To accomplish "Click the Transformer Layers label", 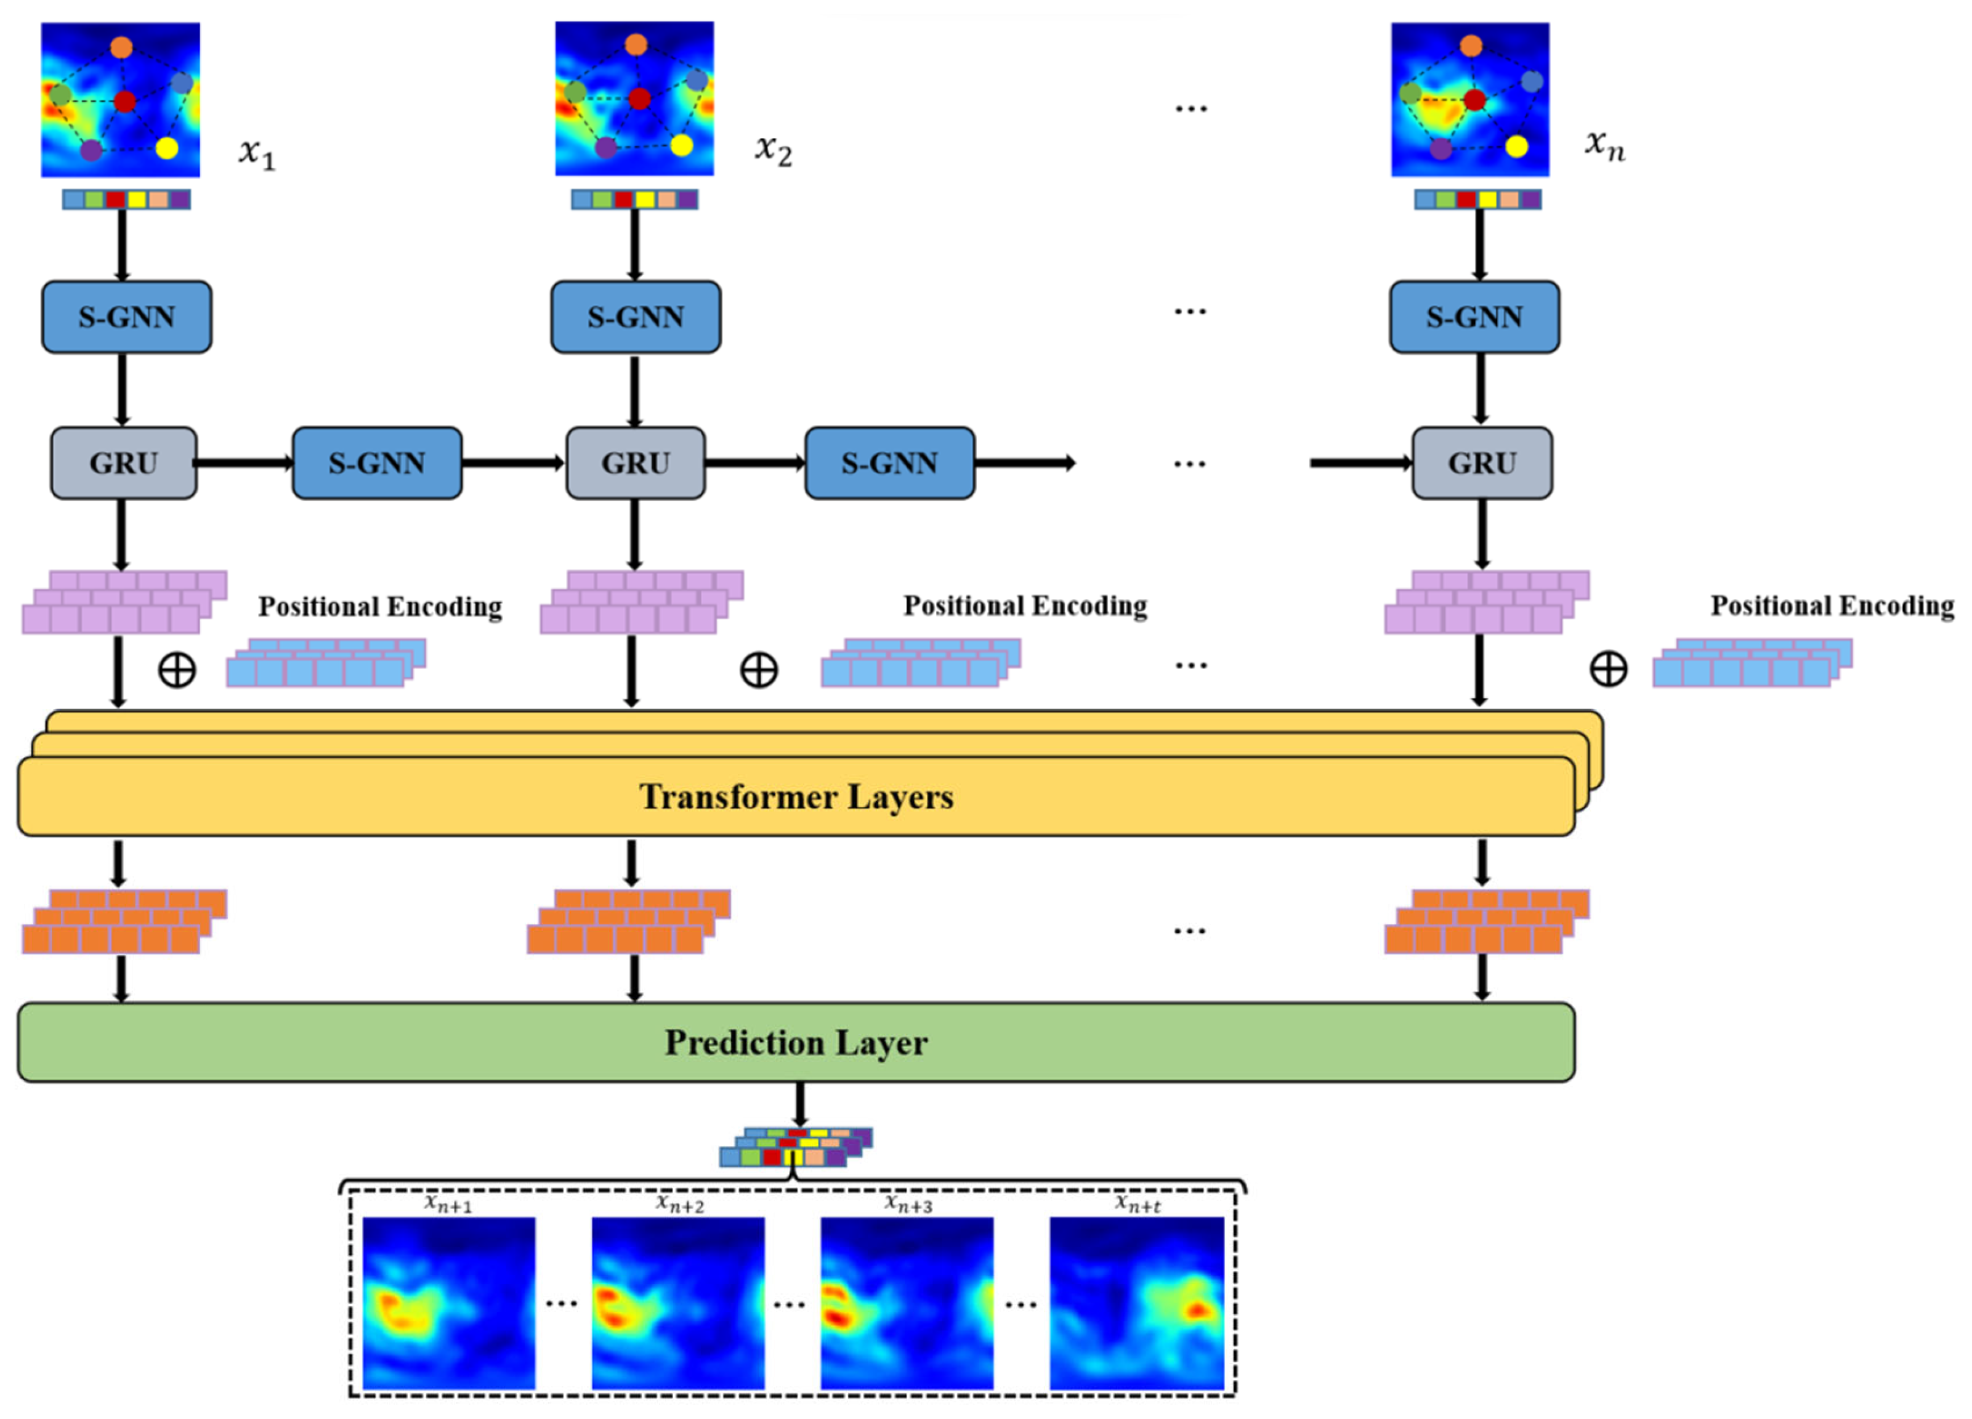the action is (x=796, y=796).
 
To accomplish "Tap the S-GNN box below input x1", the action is (x=127, y=317).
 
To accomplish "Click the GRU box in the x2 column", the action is (x=636, y=463).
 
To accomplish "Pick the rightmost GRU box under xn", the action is (x=1482, y=463).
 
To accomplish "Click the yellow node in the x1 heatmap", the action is (x=167, y=148).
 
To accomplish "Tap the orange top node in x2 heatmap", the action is (x=636, y=44).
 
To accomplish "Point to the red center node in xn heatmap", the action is (x=1474, y=100).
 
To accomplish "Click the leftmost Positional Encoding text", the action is (x=380, y=606).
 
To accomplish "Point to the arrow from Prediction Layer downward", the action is (x=800, y=1104).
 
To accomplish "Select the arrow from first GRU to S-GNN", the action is (x=244, y=463).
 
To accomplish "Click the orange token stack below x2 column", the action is (x=629, y=921).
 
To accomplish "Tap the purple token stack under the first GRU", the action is (x=124, y=602).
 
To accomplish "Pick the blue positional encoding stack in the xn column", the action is (x=1753, y=663).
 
